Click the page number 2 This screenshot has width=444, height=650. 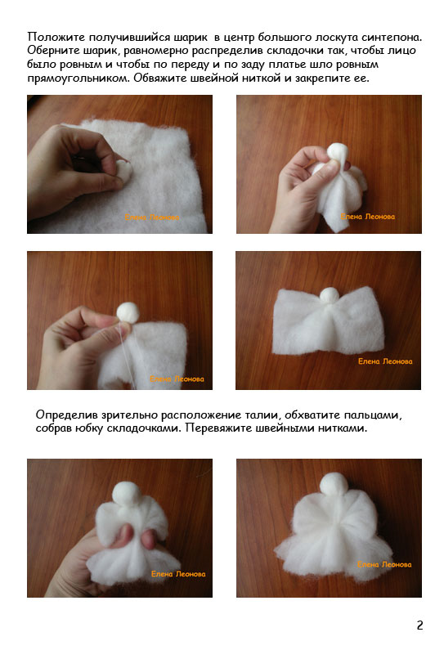point(419,625)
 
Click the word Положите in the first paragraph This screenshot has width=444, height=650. point(56,38)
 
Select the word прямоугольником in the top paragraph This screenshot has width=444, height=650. point(78,78)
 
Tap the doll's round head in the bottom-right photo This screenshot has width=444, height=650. point(334,484)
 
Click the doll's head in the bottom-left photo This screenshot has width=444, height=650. point(126,494)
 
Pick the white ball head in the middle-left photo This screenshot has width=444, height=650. point(128,312)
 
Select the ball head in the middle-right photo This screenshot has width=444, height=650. point(330,297)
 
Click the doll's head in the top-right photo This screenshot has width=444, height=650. point(338,152)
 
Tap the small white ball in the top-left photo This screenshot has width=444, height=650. point(123,171)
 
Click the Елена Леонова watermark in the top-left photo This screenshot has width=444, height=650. point(152,217)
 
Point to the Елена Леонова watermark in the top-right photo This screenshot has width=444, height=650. point(368,217)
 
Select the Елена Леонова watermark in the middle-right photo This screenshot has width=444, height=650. point(385,361)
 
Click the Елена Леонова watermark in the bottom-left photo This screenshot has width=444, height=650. point(178,574)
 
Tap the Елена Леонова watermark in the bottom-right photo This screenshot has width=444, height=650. point(384,564)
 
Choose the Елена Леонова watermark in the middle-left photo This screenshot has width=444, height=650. point(177,379)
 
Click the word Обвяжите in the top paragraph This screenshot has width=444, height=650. point(160,78)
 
